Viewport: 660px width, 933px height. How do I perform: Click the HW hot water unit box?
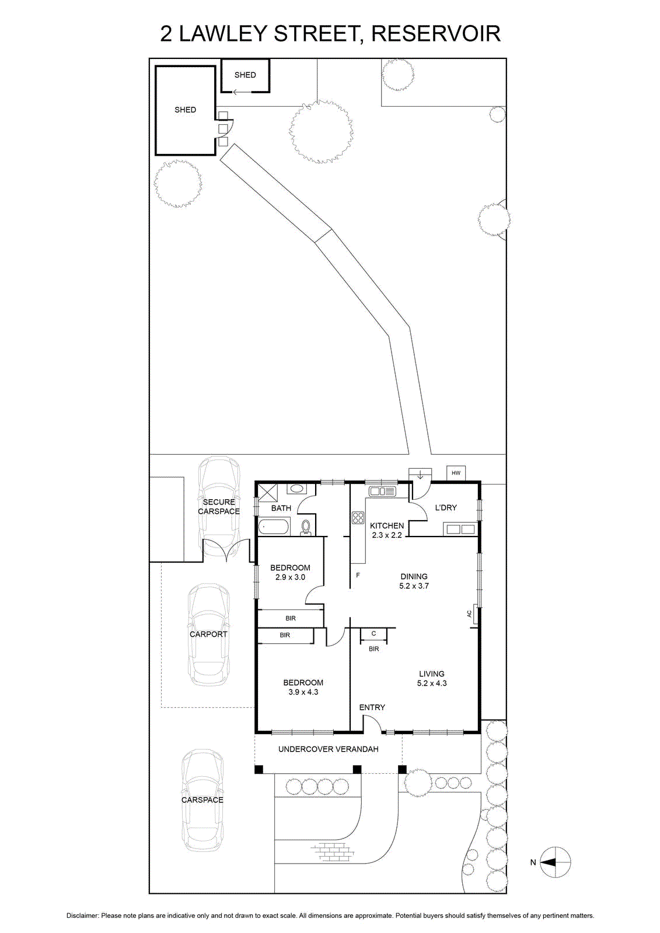(x=456, y=473)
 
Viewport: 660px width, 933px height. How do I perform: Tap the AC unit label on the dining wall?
(x=469, y=613)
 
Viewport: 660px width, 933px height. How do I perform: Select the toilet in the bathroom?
(x=306, y=527)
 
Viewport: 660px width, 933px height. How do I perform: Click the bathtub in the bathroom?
(x=274, y=528)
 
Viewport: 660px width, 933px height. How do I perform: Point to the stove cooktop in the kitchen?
(x=358, y=518)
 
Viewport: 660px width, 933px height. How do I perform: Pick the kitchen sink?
(x=382, y=492)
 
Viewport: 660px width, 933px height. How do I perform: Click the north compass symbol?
(x=556, y=862)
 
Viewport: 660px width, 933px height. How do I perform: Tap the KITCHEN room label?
(x=387, y=526)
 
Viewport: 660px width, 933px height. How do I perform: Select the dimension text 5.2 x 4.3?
(x=431, y=683)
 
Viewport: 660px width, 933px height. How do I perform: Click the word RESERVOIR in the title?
(x=436, y=34)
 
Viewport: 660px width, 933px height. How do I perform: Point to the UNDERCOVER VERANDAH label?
(x=329, y=749)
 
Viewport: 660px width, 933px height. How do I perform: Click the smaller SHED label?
(x=245, y=75)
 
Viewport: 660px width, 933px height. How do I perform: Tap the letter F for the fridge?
(x=358, y=576)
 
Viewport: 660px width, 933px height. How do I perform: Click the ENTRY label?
(x=372, y=707)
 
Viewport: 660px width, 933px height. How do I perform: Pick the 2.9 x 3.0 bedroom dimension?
(x=290, y=577)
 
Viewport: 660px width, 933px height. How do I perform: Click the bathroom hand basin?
(x=296, y=489)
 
